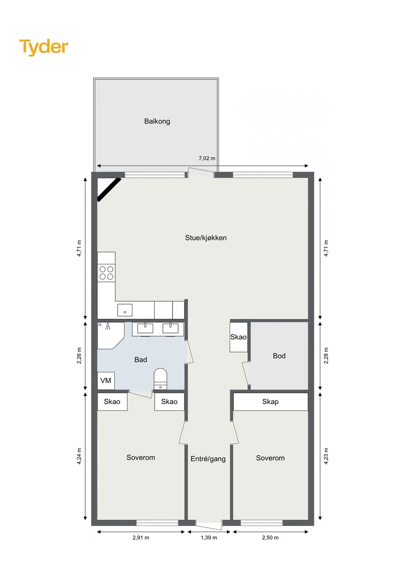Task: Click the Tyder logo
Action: (44, 47)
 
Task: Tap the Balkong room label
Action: (157, 121)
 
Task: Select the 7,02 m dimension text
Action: (207, 158)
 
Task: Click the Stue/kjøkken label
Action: (206, 238)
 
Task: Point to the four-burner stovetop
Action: (106, 273)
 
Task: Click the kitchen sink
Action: (125, 310)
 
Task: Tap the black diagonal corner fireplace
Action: (109, 190)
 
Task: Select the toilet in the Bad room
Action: (160, 379)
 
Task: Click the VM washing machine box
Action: (106, 381)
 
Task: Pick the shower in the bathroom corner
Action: (111, 336)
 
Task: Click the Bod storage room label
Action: (279, 356)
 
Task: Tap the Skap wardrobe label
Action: (270, 402)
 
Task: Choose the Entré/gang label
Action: (208, 459)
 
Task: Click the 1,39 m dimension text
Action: (209, 538)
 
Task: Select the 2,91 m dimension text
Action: (140, 538)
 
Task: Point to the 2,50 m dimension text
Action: (270, 538)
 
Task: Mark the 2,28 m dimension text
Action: (326, 355)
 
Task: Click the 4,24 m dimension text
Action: (79, 456)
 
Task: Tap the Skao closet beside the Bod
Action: (238, 337)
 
